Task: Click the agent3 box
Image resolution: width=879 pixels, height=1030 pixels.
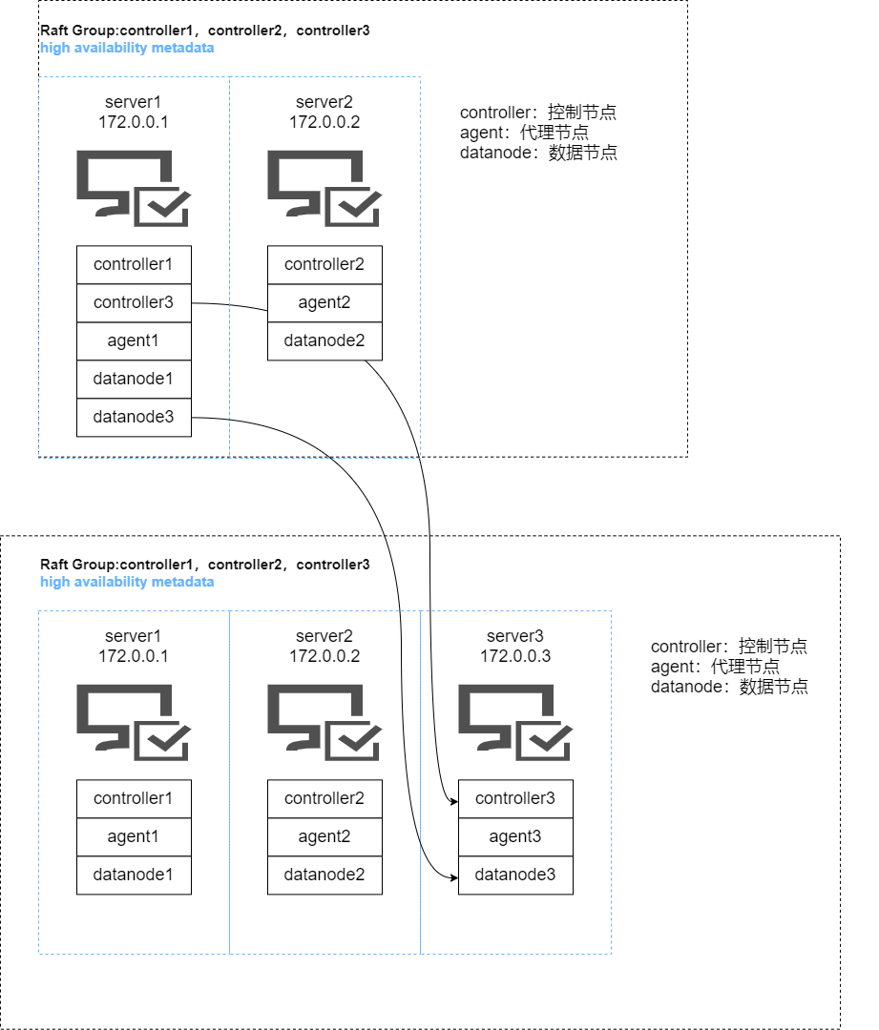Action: pyautogui.click(x=515, y=837)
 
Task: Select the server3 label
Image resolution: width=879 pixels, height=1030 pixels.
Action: pyautogui.click(x=515, y=637)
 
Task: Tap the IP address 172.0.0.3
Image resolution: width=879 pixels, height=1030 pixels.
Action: pyautogui.click(x=515, y=656)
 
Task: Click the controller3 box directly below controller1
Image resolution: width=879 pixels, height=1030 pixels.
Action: pyautogui.click(x=134, y=303)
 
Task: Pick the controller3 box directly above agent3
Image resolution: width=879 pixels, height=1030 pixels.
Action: pyautogui.click(x=515, y=799)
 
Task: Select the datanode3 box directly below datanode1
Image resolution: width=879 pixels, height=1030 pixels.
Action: pyautogui.click(x=134, y=418)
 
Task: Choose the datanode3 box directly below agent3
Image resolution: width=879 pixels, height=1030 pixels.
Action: pyautogui.click(x=515, y=875)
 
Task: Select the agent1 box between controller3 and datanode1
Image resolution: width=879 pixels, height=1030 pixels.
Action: pyautogui.click(x=134, y=341)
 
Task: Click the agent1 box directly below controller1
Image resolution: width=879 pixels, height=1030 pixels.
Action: pyautogui.click(x=134, y=837)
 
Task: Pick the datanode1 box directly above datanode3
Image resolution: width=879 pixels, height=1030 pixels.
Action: pyautogui.click(x=134, y=380)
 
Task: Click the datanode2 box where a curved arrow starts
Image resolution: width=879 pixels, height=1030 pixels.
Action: pyautogui.click(x=324, y=341)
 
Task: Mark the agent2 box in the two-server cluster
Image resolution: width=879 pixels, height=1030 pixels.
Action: pyautogui.click(x=324, y=303)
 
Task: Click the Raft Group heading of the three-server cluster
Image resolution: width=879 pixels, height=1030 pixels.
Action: pyautogui.click(x=204, y=565)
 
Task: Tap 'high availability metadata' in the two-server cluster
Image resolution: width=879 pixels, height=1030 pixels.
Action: pyautogui.click(x=127, y=48)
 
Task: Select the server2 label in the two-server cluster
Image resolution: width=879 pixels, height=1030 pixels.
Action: pyautogui.click(x=324, y=103)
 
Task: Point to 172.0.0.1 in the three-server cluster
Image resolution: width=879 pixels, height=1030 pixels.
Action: pyautogui.click(x=134, y=656)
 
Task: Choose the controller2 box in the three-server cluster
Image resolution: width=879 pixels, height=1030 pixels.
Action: pyautogui.click(x=324, y=799)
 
